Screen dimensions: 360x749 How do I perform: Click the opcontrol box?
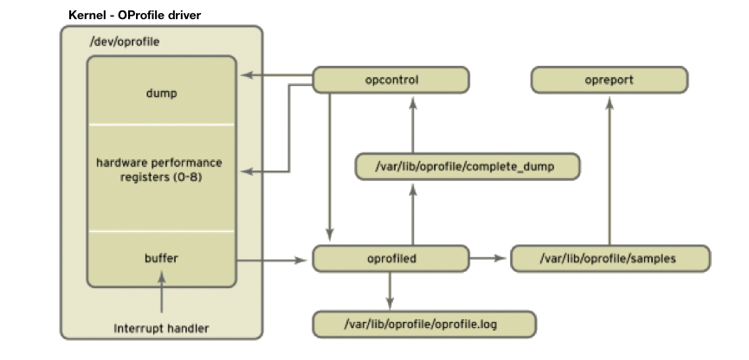pos(391,80)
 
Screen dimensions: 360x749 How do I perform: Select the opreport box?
pos(609,80)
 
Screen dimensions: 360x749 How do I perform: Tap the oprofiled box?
pos(391,258)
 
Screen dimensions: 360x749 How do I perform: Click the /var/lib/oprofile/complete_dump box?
pos(468,167)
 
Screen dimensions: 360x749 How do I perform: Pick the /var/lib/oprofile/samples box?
pos(610,258)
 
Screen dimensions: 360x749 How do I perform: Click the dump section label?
pos(161,93)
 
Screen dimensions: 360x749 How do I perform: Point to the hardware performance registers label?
pos(161,170)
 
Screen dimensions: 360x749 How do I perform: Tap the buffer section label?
pos(161,258)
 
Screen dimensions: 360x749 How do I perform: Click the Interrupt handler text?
pos(161,329)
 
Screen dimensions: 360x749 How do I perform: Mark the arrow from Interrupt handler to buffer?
pos(161,294)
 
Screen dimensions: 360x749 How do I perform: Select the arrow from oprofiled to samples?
pos(489,258)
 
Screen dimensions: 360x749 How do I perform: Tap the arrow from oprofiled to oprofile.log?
pos(391,290)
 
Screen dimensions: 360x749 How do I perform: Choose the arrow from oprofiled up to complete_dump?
pos(413,212)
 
